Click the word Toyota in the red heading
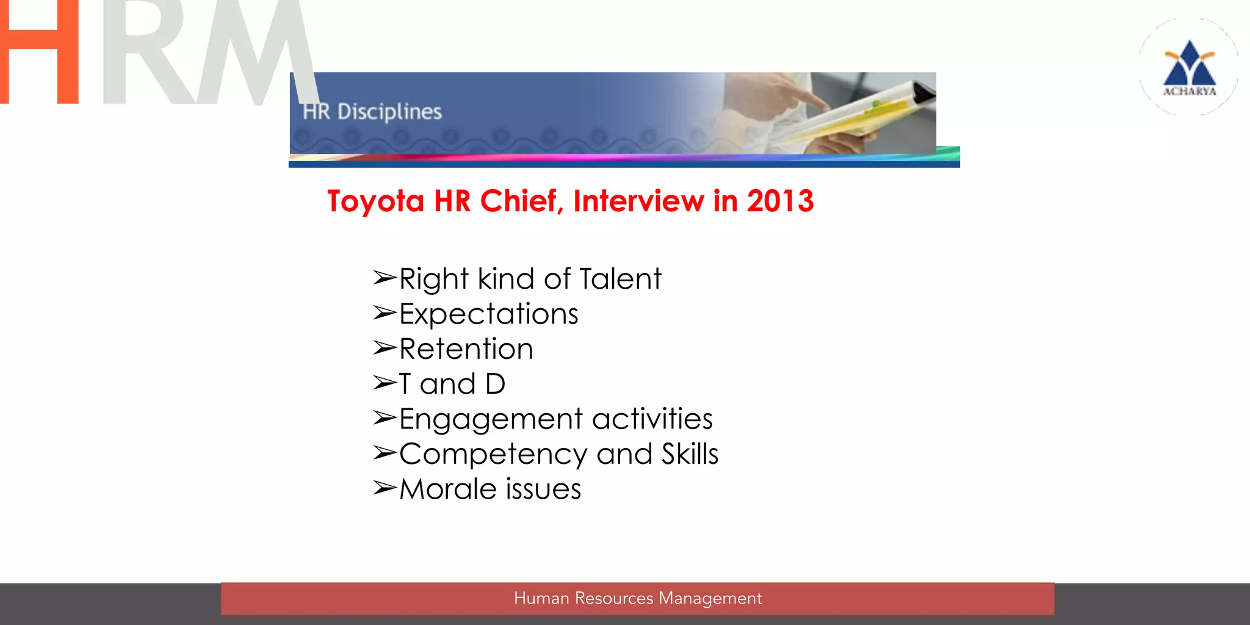coord(375,201)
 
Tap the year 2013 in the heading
coord(780,201)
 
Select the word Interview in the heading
coord(638,201)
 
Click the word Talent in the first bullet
coord(620,279)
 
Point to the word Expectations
coord(488,314)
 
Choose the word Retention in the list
coord(466,349)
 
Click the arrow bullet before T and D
coord(385,383)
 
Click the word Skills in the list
coord(690,454)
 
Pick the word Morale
coord(448,489)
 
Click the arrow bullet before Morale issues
coord(385,488)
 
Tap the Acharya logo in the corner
coord(1189,67)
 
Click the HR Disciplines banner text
coord(372,112)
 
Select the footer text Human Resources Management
coord(638,598)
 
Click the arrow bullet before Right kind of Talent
coord(385,278)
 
